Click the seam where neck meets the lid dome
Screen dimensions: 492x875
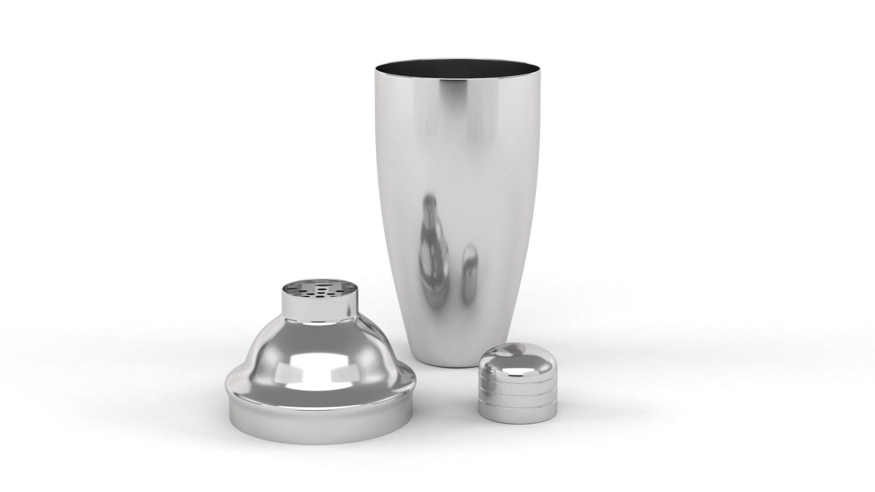[319, 321]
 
